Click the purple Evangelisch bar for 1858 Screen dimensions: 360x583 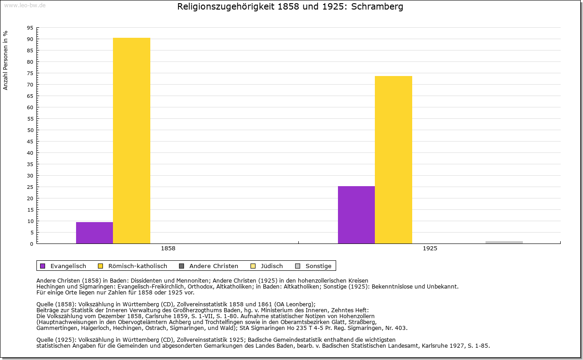click(x=94, y=233)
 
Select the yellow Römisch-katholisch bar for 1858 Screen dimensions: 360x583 click(x=132, y=141)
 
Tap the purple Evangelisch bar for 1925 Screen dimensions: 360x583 click(x=356, y=215)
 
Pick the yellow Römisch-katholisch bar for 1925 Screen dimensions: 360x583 click(x=394, y=160)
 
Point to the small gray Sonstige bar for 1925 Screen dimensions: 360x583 click(x=504, y=242)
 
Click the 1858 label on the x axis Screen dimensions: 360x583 click(x=168, y=248)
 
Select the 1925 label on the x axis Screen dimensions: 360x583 click(x=430, y=248)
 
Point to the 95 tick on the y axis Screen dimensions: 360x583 click(x=30, y=28)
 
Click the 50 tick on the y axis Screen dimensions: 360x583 click(x=30, y=130)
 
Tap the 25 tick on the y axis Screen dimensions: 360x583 click(x=30, y=187)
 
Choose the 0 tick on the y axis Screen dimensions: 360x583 click(x=31, y=244)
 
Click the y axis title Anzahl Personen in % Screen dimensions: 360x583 click(x=6, y=60)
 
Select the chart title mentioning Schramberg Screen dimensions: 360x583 click(x=290, y=7)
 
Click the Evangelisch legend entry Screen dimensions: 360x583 click(x=68, y=266)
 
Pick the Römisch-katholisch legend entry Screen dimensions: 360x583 click(x=137, y=266)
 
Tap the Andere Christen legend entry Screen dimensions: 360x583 click(x=213, y=266)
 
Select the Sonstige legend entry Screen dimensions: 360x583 click(x=318, y=266)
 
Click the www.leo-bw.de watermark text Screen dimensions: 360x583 click(x=25, y=5)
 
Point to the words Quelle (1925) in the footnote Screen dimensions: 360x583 click(x=57, y=340)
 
